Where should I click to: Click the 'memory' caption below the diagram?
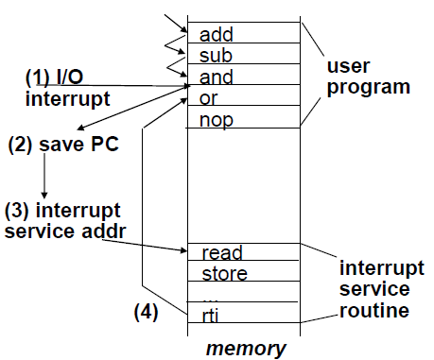coord(246,348)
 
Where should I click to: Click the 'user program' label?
coord(367,77)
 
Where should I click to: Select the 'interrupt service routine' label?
coord(373,288)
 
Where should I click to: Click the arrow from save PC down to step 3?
coord(43,177)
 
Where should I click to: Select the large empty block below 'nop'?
coord(243,184)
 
